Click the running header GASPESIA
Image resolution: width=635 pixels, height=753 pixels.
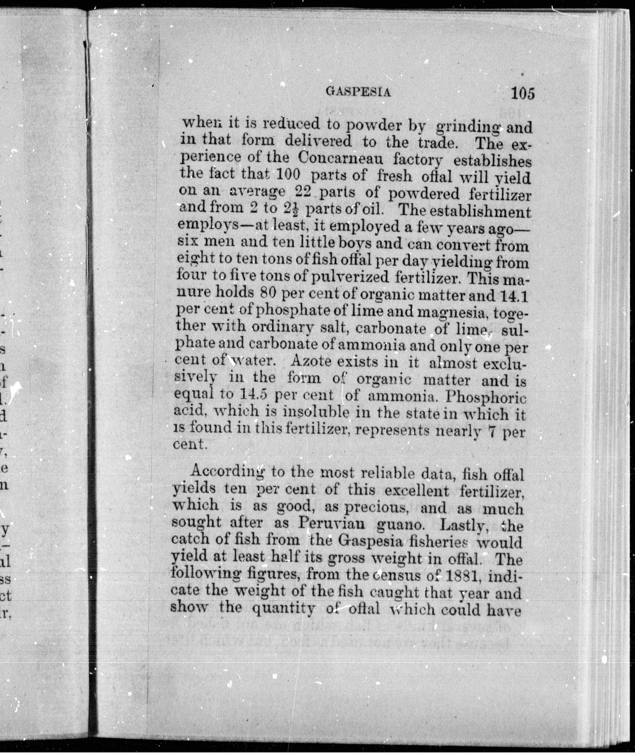(358, 92)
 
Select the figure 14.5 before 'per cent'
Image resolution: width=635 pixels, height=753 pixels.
(253, 395)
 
